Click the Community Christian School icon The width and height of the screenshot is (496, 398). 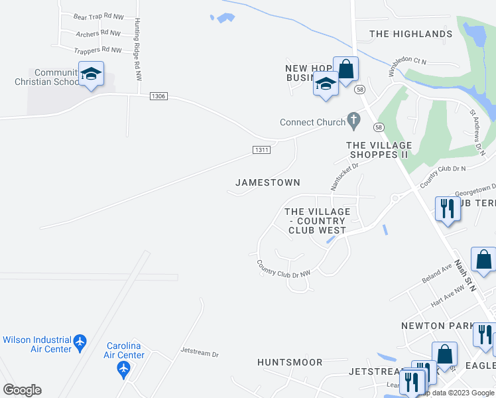pyautogui.click(x=91, y=74)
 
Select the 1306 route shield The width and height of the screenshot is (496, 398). pyautogui.click(x=158, y=96)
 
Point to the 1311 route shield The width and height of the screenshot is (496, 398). pyautogui.click(x=261, y=150)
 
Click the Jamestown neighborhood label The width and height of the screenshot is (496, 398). pyautogui.click(x=268, y=182)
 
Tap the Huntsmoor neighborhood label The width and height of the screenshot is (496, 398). pyautogui.click(x=290, y=362)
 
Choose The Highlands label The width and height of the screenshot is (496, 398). pyautogui.click(x=410, y=34)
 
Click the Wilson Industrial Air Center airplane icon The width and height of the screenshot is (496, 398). pyautogui.click(x=80, y=342)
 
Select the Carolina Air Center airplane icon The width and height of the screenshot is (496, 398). pyautogui.click(x=123, y=368)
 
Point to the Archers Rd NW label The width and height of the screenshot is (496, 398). pyautogui.click(x=98, y=33)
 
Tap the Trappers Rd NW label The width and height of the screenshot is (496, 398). pyautogui.click(x=98, y=50)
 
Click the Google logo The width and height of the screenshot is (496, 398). pyautogui.click(x=22, y=390)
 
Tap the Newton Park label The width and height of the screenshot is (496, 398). pyautogui.click(x=435, y=326)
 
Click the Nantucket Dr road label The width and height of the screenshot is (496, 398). pyautogui.click(x=345, y=176)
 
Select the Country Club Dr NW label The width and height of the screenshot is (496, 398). pyautogui.click(x=284, y=269)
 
